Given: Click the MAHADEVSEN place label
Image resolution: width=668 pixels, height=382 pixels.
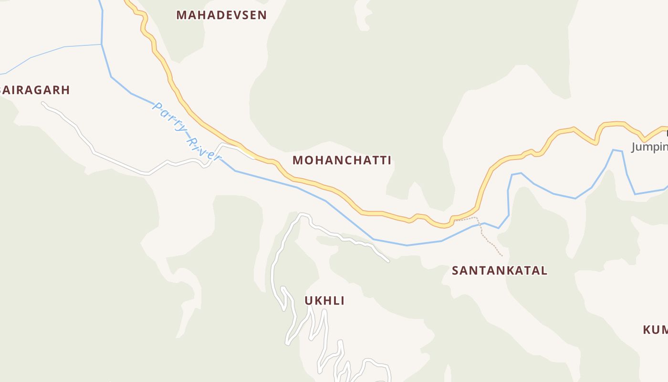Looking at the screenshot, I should coord(221,15).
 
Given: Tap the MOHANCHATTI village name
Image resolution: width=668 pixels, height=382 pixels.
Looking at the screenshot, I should coord(342,160).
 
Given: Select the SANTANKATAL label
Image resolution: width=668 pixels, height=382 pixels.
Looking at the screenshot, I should coord(500,271).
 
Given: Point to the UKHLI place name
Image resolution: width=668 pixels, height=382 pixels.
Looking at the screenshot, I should coord(324,301).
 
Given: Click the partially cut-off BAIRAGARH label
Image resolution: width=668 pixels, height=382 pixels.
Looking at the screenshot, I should coord(35,90).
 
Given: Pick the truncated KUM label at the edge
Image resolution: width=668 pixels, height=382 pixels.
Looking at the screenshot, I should coord(655,329).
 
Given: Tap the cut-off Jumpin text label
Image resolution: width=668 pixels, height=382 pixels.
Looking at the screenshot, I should coord(649,147).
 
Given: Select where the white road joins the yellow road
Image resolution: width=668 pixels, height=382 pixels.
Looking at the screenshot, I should coord(253,157).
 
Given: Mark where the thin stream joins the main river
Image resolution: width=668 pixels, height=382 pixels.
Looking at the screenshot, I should coord(102,44).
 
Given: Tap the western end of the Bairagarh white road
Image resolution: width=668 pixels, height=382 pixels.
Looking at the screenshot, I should coord(43,103).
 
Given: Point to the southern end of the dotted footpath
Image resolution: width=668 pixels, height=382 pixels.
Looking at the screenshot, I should coord(502,256).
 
